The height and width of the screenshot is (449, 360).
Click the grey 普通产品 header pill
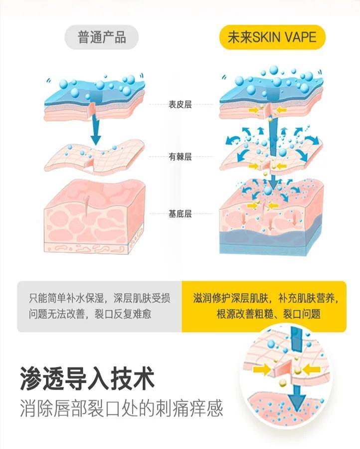pyautogui.click(x=102, y=37)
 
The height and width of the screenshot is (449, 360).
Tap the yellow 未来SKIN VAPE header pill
pyautogui.click(x=272, y=37)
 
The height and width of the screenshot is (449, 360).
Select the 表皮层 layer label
pyautogui.click(x=180, y=105)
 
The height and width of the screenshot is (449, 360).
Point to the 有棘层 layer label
pyautogui.click(x=180, y=157)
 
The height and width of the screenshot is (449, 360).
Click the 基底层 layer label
pyautogui.click(x=180, y=214)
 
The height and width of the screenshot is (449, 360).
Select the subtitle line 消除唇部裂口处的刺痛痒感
pyautogui.click(x=121, y=409)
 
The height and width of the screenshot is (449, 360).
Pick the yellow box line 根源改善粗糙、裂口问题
pyautogui.click(x=268, y=314)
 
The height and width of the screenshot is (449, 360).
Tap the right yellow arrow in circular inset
pyautogui.click(x=310, y=369)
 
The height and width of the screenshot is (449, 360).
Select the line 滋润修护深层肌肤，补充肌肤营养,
pyautogui.click(x=268, y=298)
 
